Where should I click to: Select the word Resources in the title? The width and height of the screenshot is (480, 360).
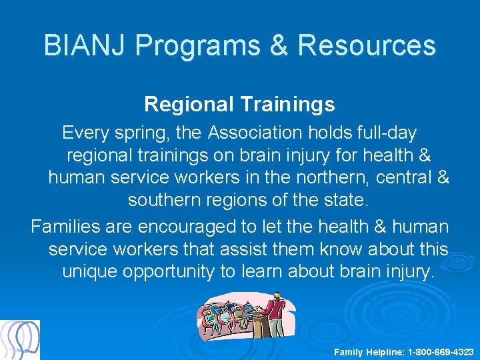(367, 45)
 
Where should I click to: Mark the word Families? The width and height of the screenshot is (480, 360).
(65, 227)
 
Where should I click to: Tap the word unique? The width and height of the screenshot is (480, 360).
(93, 272)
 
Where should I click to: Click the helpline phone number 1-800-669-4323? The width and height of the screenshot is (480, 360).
(441, 351)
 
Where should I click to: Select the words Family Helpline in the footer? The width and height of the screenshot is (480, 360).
(369, 351)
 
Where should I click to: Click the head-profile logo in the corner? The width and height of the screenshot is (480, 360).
(20, 340)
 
